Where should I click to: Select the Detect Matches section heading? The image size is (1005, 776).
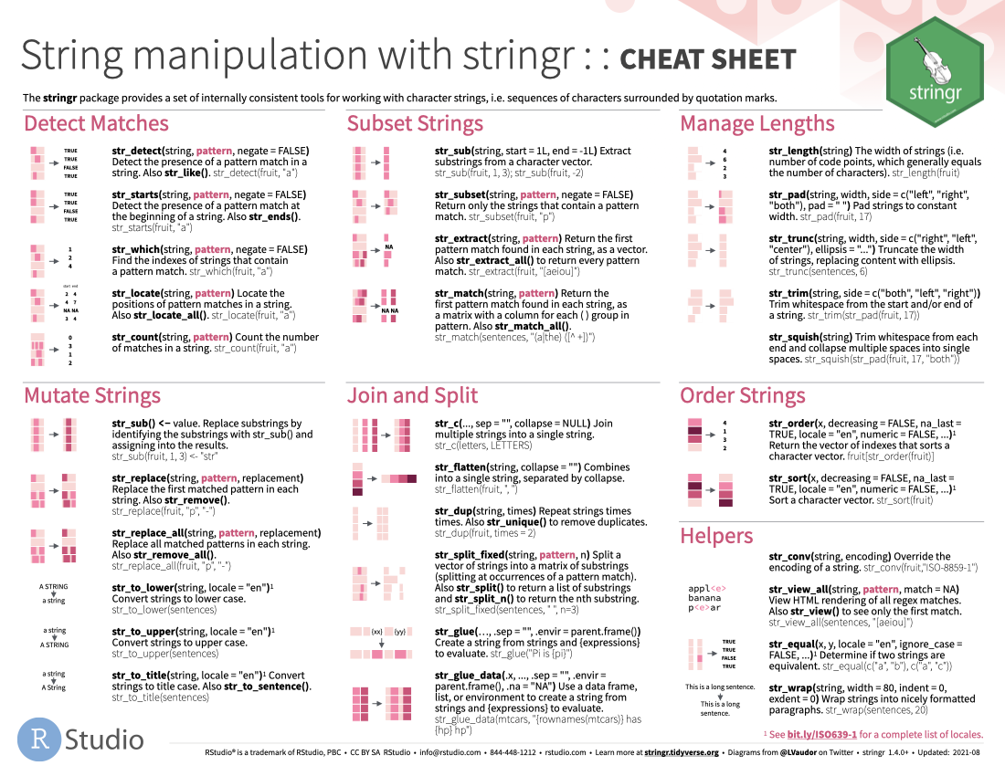(x=96, y=124)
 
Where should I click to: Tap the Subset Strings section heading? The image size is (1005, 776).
(x=415, y=124)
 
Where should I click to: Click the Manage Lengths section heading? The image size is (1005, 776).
(x=757, y=124)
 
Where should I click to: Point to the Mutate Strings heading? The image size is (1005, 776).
(x=92, y=395)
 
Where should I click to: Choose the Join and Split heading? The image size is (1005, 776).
(x=412, y=395)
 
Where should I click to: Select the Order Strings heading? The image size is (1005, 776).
(x=743, y=395)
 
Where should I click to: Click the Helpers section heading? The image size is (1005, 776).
(x=716, y=536)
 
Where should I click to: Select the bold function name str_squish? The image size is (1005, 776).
(x=795, y=337)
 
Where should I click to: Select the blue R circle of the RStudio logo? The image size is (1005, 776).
(x=37, y=739)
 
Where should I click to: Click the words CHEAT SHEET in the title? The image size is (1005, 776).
(x=707, y=59)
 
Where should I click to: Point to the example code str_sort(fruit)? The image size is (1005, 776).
(x=904, y=501)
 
